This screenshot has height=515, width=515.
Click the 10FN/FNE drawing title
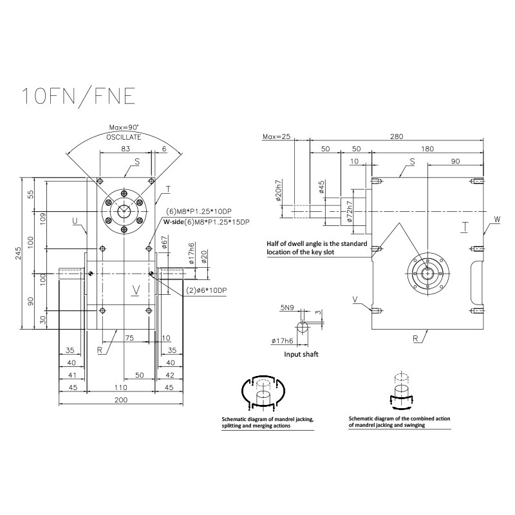pos(78,95)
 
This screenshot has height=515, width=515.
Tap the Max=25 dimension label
pos(277,136)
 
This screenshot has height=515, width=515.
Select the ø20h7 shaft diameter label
pos(278,191)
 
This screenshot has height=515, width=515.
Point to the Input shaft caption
pos(301,354)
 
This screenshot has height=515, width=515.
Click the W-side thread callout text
pos(206,221)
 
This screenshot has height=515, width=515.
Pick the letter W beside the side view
pos(496,220)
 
